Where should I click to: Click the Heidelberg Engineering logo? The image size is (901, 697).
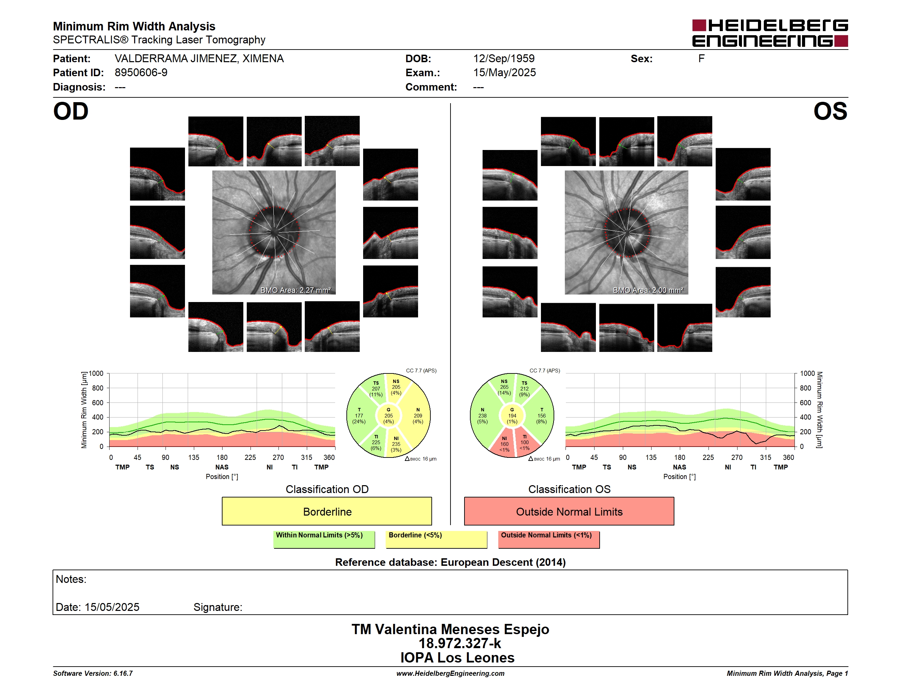(x=770, y=33)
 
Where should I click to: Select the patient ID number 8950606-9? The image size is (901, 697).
(x=141, y=73)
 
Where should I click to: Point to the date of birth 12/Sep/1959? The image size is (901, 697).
(x=504, y=59)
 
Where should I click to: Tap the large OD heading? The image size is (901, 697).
(x=71, y=111)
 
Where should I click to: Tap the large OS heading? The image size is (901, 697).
(x=830, y=111)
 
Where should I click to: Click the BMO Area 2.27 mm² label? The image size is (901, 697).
(x=295, y=290)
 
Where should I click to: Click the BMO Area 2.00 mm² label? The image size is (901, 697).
(x=648, y=290)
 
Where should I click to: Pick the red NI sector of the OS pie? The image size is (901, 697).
(x=503, y=443)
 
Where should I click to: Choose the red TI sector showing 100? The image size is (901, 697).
(x=525, y=442)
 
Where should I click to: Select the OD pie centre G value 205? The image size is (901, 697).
(x=389, y=416)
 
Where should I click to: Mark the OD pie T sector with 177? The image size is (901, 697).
(x=359, y=416)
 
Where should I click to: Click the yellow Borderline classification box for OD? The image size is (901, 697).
(x=327, y=511)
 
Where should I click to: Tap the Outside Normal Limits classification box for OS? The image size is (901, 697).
(x=569, y=511)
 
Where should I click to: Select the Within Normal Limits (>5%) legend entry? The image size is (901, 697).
(x=324, y=539)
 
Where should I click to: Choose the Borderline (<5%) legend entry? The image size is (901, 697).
(x=437, y=539)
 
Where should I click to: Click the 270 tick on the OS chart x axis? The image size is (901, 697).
(x=737, y=457)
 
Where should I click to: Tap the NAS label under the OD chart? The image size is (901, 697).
(x=222, y=467)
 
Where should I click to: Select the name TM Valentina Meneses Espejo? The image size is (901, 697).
(x=450, y=629)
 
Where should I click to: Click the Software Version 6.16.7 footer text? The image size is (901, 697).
(x=93, y=673)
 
